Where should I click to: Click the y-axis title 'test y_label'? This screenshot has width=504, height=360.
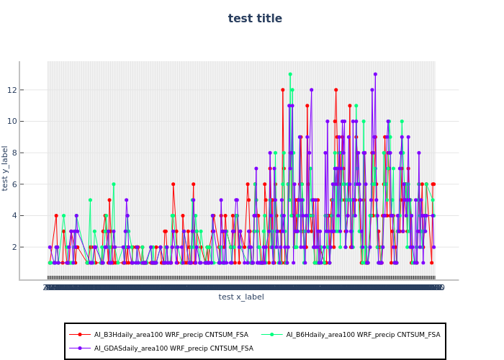[x=5, y=168]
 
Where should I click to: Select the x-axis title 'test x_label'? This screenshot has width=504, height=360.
[x=241, y=297]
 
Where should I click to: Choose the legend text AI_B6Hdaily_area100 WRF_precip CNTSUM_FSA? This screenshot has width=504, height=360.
[x=363, y=334]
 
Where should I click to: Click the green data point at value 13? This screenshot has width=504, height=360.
[x=290, y=74]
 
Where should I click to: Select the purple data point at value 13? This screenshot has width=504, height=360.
[x=375, y=74]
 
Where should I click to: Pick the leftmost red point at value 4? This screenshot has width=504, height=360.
[x=56, y=215]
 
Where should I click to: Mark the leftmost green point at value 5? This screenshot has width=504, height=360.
[x=90, y=200]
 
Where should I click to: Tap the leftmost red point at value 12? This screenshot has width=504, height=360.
[x=283, y=90]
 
